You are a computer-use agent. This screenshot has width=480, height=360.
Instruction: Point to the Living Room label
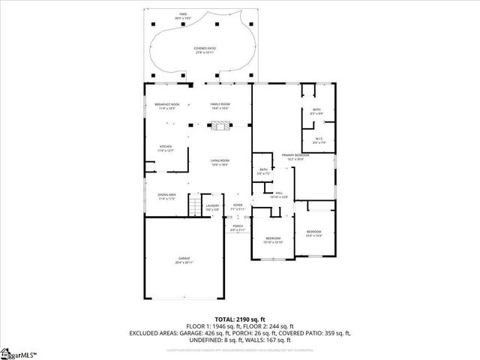point(220,162)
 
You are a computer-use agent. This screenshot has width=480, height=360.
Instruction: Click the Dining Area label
point(166,196)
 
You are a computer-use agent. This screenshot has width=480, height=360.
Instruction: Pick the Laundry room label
point(213,206)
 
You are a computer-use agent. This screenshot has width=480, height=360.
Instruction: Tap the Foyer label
point(237,206)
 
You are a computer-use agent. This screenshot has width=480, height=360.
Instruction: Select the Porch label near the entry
point(237,226)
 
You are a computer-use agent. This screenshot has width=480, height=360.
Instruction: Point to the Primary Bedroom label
point(293,157)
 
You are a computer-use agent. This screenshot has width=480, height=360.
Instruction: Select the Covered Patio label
point(203,49)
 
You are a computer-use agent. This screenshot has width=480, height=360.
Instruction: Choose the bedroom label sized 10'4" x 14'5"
point(313,233)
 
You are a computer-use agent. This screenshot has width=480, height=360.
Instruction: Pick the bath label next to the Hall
point(263,171)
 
